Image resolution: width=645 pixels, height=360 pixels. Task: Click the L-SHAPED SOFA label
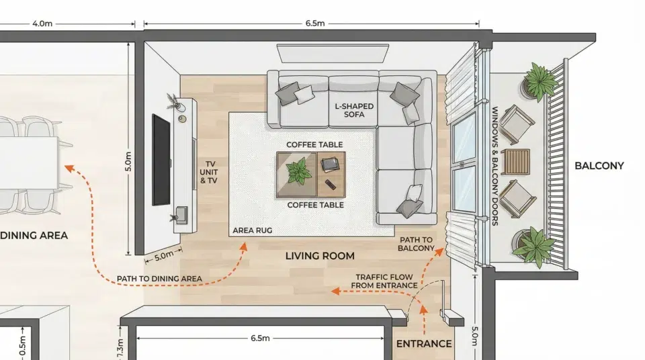(x=354, y=110)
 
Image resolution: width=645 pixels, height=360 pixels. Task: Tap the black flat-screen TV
(x=161, y=160)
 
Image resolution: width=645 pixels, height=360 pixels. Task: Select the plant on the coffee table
(x=298, y=171)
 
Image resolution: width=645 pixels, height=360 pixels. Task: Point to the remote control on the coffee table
(x=331, y=184)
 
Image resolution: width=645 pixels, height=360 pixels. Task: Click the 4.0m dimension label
(x=42, y=24)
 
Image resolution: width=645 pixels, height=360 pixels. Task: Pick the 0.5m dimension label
(x=23, y=346)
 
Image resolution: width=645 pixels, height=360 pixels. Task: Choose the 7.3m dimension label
(x=120, y=349)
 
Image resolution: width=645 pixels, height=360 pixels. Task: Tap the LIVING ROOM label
(x=320, y=256)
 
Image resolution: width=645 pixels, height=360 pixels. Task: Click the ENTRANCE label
(x=424, y=343)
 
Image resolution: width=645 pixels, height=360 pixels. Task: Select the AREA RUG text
(x=252, y=230)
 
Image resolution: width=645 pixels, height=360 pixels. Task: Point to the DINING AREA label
(x=34, y=235)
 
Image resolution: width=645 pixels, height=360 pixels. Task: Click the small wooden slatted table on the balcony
(x=515, y=161)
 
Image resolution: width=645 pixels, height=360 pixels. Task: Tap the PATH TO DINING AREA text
(x=159, y=279)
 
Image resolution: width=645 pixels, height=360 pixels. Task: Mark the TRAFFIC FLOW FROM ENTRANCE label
(x=384, y=281)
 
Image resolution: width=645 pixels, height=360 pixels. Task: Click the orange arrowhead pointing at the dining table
(x=69, y=169)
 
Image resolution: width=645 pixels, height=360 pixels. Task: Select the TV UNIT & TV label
(x=208, y=172)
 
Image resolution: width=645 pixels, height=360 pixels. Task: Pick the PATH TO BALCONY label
(x=416, y=244)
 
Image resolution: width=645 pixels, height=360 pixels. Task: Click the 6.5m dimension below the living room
(x=260, y=339)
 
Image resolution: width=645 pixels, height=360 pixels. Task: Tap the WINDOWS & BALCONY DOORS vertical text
(x=495, y=166)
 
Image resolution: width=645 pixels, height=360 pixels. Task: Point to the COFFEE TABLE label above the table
(x=314, y=145)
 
